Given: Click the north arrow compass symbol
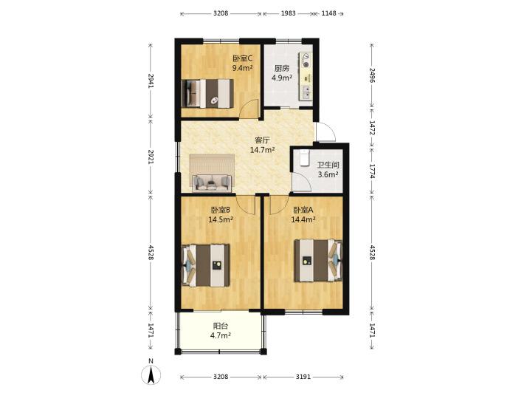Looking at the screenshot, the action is tap(151, 375).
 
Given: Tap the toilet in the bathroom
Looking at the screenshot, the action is tap(304, 157).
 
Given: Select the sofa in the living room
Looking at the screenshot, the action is tap(212, 182).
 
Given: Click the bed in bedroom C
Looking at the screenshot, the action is tap(207, 93).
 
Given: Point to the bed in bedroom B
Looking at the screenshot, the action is tap(205, 265).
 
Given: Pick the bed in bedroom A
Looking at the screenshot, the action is tap(318, 261).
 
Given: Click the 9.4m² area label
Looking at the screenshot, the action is tap(242, 68).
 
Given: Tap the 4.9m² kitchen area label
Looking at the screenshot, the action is tap(282, 78).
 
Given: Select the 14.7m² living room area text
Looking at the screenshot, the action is tap(262, 150).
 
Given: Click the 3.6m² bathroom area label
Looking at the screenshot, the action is tap(328, 174).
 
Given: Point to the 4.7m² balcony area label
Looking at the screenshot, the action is tap(221, 335).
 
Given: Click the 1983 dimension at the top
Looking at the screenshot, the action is tap(288, 13).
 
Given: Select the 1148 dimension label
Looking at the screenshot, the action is tap(328, 13).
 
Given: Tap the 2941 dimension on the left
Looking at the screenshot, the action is tap(151, 81).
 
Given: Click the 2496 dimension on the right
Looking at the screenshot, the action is tap(372, 75).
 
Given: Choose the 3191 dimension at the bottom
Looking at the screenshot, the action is tap(303, 377).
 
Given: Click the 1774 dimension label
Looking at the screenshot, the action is tap(372, 171).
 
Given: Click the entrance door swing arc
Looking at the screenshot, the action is tap(329, 130).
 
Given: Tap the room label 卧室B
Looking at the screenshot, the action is tap(220, 210).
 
